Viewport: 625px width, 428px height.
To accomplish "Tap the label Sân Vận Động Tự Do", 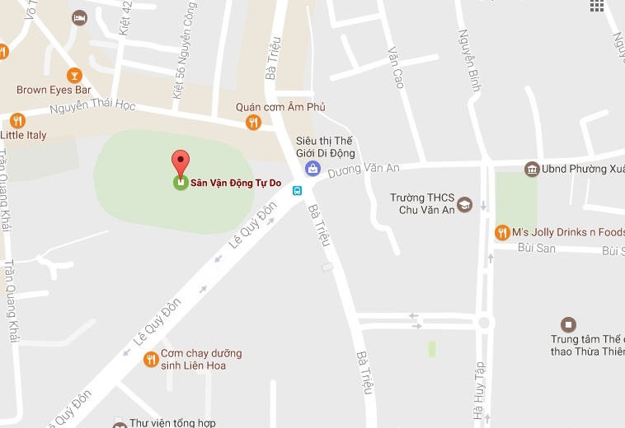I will (232, 183).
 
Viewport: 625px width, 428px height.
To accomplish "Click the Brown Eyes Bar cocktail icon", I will (74, 75).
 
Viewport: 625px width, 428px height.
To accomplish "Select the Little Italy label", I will (24, 135).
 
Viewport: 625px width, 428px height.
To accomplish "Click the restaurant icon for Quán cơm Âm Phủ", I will (253, 123).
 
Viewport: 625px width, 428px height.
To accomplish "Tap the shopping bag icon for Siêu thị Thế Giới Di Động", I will (312, 169).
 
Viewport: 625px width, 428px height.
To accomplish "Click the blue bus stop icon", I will (298, 190).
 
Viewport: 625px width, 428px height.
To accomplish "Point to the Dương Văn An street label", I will (363, 169).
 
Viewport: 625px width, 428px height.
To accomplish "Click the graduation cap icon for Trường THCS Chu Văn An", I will (464, 203).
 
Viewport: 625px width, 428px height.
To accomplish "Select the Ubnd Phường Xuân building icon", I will (532, 170).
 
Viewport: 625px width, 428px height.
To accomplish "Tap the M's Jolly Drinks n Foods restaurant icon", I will (500, 233).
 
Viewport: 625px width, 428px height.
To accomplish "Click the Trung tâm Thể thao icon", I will (567, 324).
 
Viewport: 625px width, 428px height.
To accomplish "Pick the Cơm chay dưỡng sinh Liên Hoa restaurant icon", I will (151, 359).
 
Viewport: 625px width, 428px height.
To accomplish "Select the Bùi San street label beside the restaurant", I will (536, 248).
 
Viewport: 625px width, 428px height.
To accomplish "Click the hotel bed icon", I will (79, 17).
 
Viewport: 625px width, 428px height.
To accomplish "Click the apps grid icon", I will (597, 5).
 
